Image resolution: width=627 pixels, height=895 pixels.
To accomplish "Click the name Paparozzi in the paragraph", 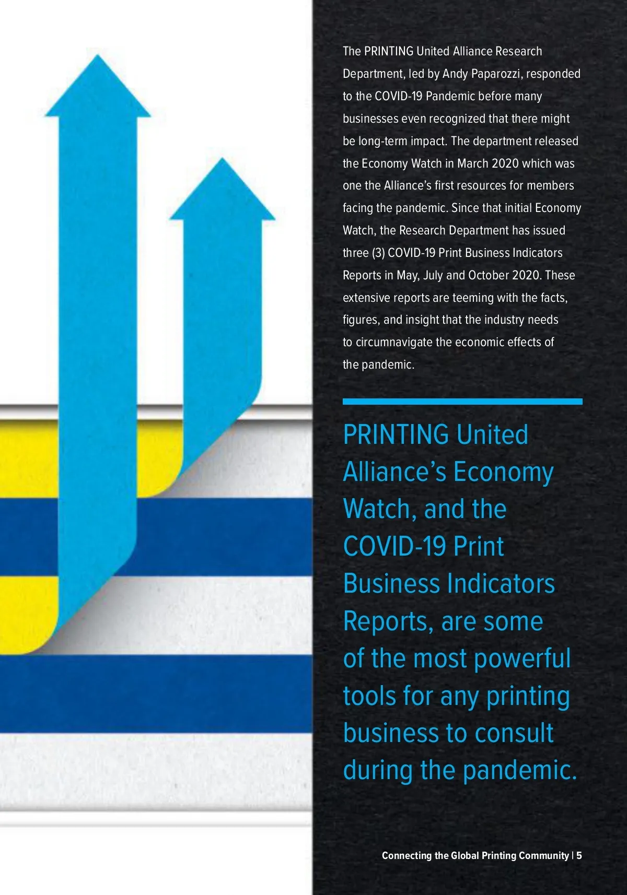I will [495, 74].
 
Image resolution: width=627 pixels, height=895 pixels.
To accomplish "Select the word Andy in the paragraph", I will [455, 74].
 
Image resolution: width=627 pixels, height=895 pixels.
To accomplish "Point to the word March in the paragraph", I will [472, 163].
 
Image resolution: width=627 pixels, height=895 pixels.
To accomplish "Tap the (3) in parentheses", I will [378, 253].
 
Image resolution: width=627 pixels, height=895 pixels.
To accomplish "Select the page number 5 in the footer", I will [579, 855].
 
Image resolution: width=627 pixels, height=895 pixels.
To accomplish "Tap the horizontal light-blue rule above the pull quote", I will [462, 402].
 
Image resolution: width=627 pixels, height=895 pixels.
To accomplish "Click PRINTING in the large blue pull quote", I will [396, 434].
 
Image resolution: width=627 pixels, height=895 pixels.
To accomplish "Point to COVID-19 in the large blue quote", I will [394, 546].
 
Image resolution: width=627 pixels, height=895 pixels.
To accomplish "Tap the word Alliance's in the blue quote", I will [395, 472].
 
